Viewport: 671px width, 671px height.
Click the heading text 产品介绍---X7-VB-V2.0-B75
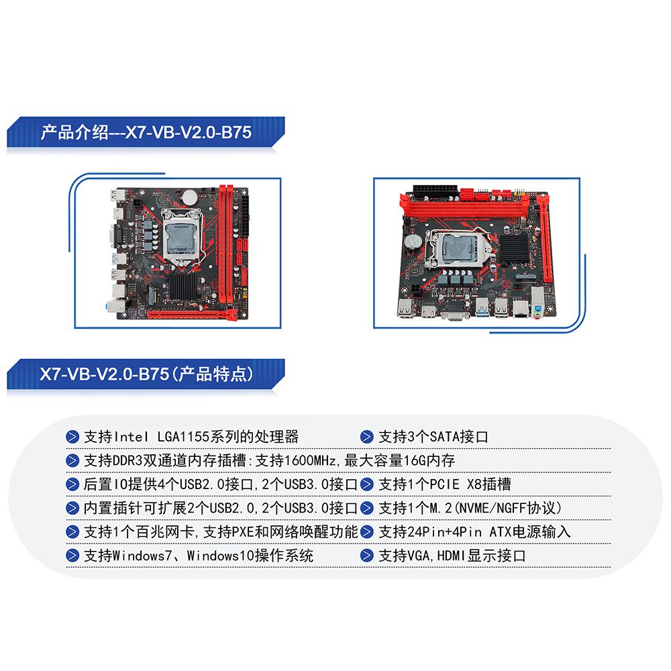(x=146, y=132)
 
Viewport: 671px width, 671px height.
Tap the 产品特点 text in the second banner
(x=215, y=374)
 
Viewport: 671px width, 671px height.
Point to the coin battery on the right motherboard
(x=413, y=242)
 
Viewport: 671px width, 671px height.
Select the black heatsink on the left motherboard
(x=185, y=287)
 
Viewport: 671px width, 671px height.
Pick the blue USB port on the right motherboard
(x=482, y=308)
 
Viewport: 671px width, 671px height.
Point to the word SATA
(x=444, y=437)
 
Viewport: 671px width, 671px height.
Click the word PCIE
(x=444, y=484)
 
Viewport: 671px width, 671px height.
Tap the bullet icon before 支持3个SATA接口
(x=367, y=437)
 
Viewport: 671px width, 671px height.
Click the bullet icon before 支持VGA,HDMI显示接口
(x=367, y=556)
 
